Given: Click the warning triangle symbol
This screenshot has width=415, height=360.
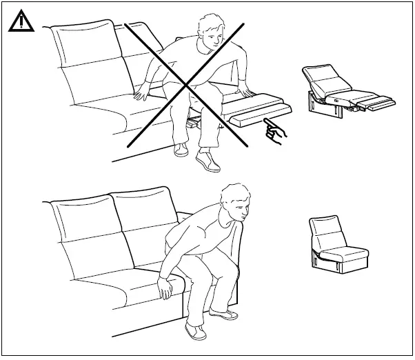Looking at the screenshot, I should point(20,22).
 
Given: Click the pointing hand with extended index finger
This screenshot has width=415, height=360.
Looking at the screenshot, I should point(275,132).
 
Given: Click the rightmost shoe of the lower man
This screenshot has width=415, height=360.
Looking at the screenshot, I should point(225,316).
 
